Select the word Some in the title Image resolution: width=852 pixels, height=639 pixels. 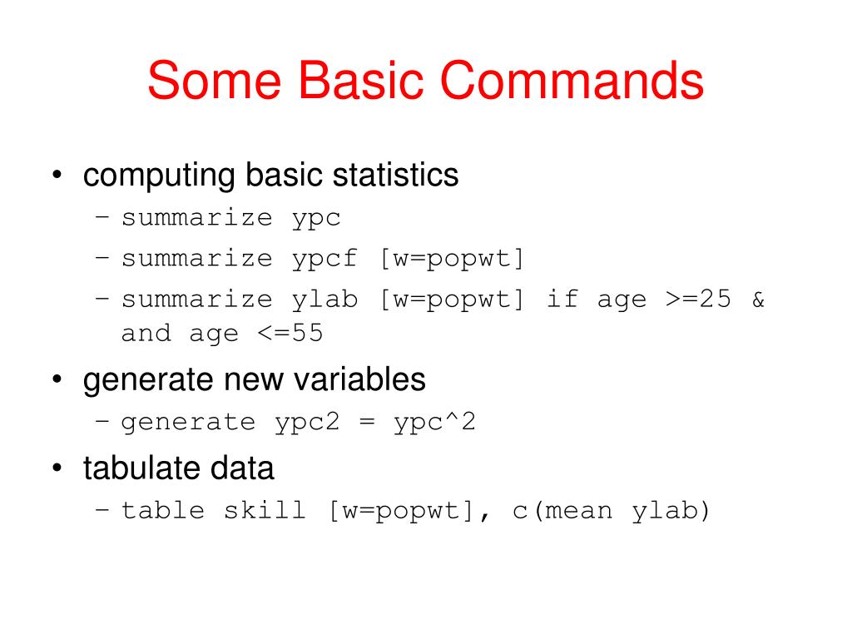click(214, 81)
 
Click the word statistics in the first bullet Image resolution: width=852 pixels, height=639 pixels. click(395, 176)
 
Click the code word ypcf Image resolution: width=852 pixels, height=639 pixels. click(324, 259)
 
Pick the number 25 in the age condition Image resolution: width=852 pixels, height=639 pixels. click(716, 300)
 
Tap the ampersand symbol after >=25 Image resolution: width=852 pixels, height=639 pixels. click(758, 300)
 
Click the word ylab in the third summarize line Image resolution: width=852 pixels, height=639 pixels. click(324, 300)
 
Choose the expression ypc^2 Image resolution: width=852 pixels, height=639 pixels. click(434, 423)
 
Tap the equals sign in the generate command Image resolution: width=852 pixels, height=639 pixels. click(367, 423)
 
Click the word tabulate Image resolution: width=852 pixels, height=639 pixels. click(136, 468)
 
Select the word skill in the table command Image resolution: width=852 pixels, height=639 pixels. click(265, 510)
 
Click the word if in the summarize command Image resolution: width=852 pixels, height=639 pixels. click(562, 300)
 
